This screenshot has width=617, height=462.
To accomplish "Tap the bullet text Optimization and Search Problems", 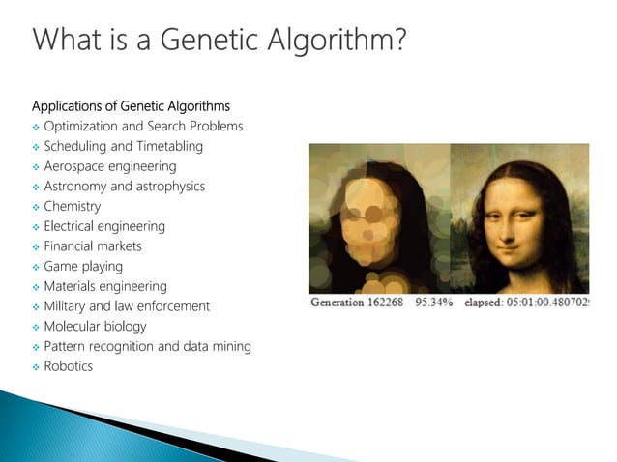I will pos(143,126).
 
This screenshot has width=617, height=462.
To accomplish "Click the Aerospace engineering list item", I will pos(109,166).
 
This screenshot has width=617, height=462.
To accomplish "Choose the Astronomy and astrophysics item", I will pos(124,186).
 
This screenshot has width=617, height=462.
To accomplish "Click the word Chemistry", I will pos(72,206).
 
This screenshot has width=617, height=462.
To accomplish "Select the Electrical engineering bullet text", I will pos(104,226).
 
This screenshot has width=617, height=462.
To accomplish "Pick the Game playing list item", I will pos(83,266).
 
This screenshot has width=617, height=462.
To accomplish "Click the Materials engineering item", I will pos(104,286).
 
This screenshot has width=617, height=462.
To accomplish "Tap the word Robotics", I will pos(68,366).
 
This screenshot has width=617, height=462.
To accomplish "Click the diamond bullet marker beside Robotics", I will pos(36,367).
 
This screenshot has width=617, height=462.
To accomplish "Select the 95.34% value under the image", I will pos(435,303).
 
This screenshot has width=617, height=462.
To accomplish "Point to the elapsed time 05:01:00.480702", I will pos(549,303).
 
